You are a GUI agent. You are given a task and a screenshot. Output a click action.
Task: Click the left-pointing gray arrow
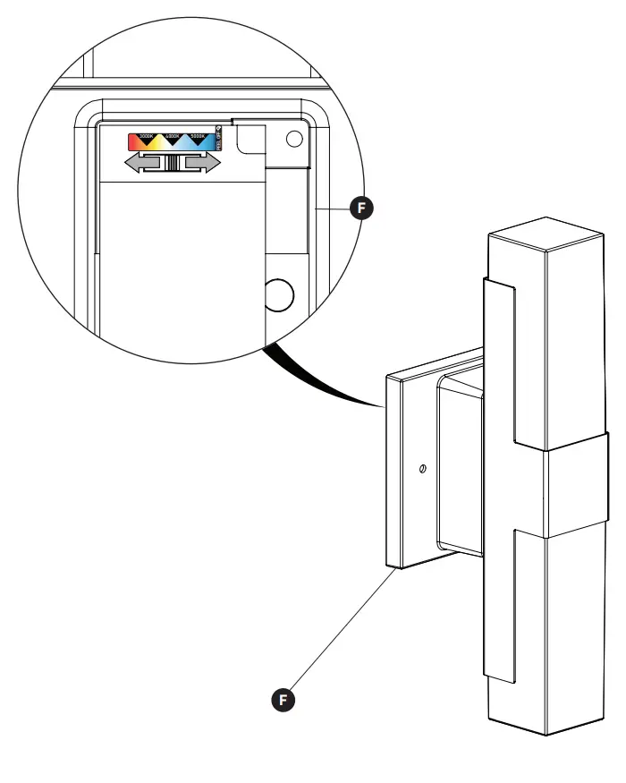coord(143,163)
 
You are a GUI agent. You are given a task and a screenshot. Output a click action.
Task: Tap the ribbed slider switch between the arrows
coord(173,163)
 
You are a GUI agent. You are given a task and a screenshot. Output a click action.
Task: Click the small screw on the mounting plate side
coord(422,469)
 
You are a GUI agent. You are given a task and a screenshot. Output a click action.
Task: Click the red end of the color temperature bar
coord(134,141)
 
